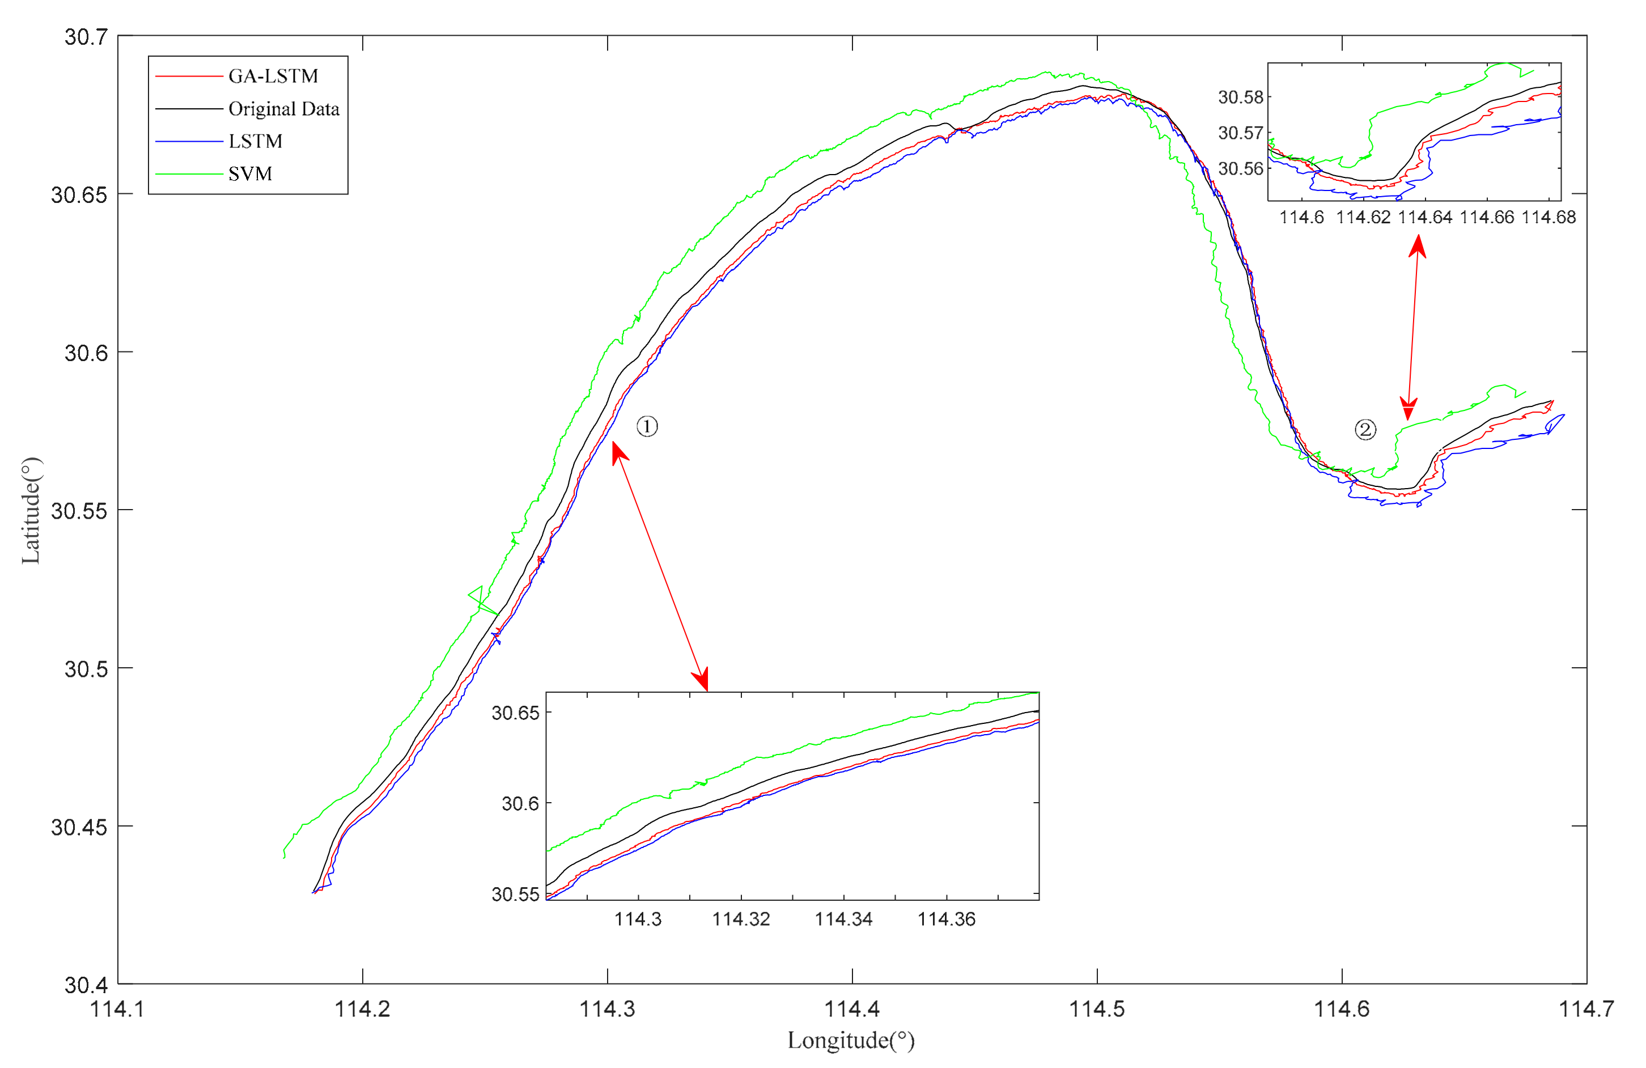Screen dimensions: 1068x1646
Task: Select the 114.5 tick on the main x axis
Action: [1097, 1009]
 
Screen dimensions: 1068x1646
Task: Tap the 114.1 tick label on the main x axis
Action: [117, 1009]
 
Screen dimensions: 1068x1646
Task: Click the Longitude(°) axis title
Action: [851, 1040]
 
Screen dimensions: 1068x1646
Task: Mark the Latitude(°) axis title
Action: [31, 511]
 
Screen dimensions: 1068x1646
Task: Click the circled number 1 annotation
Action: [647, 426]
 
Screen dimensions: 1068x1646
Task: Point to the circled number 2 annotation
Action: [1364, 430]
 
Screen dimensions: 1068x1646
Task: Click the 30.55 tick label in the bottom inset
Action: [515, 895]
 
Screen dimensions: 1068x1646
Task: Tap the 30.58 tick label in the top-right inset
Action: [1240, 97]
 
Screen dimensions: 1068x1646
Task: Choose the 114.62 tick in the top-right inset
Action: [1363, 217]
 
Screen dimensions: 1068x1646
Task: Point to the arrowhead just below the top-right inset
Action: [1418, 245]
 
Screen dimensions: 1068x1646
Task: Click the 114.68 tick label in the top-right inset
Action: [1549, 217]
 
